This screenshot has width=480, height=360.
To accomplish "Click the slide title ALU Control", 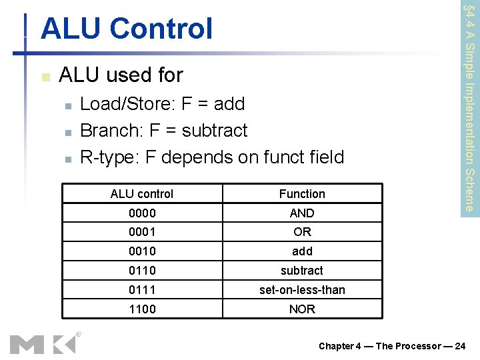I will [x=126, y=29].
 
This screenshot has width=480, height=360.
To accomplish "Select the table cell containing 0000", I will [x=142, y=213].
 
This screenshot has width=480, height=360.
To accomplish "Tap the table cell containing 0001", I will [x=142, y=232].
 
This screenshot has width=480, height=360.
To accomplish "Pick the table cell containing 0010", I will [x=142, y=251].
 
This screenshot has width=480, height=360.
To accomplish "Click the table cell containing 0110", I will [x=142, y=271].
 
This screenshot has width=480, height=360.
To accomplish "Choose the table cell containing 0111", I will [x=142, y=289].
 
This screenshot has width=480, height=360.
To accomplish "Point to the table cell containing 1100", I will [x=142, y=309].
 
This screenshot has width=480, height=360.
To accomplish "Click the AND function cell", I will [x=302, y=213].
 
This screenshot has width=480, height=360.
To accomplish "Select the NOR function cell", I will [x=302, y=309].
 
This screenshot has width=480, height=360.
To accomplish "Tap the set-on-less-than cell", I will [x=302, y=289].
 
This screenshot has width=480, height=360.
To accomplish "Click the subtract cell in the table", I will [x=302, y=271].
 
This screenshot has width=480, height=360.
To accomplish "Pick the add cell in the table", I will [x=302, y=251].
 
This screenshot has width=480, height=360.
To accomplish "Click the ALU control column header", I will [x=142, y=194].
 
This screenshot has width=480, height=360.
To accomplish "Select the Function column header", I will [x=302, y=194].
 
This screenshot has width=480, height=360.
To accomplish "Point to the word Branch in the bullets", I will [x=104, y=131].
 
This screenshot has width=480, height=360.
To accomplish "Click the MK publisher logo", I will [x=43, y=344].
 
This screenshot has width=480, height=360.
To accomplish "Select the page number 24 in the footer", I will [x=459, y=346].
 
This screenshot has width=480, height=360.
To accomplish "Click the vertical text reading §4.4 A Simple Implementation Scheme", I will [x=469, y=107].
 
